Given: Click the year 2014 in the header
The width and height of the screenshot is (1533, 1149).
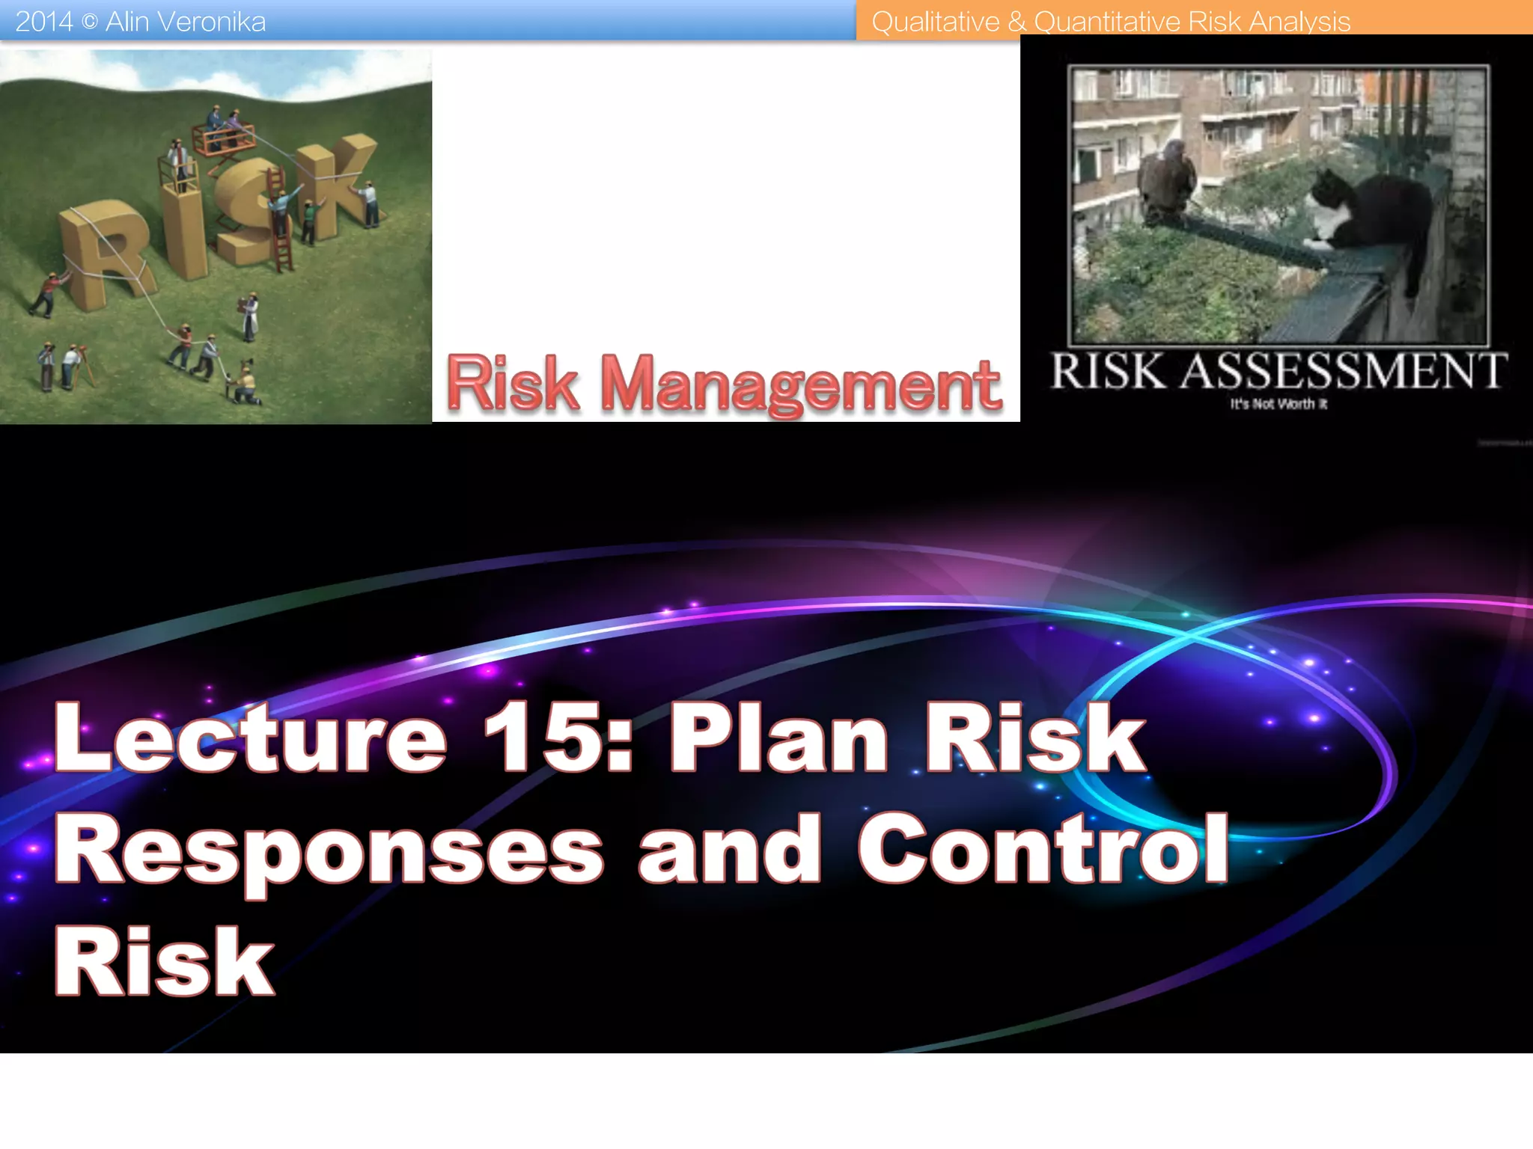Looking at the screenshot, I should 43,22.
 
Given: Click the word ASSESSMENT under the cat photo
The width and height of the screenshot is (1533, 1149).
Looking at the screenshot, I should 1344,372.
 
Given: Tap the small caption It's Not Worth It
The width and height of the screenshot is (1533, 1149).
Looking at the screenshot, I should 1278,405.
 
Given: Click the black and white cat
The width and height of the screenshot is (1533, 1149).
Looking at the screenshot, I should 1370,217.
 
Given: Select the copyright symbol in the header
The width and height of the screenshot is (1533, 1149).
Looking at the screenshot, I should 89,22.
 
